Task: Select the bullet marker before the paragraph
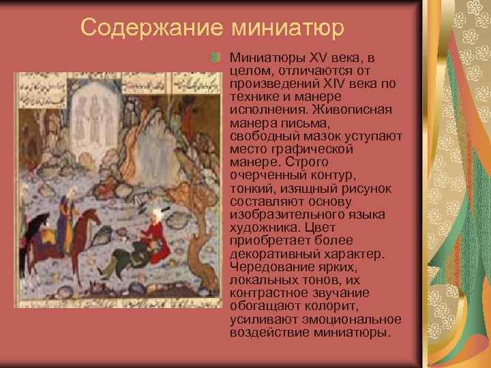216,53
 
